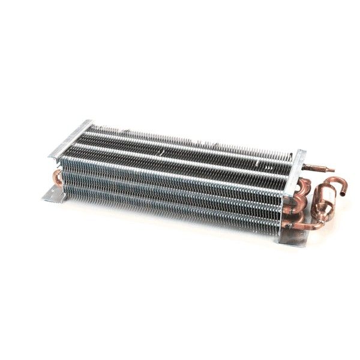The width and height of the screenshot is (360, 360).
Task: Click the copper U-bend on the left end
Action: point(57,176)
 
